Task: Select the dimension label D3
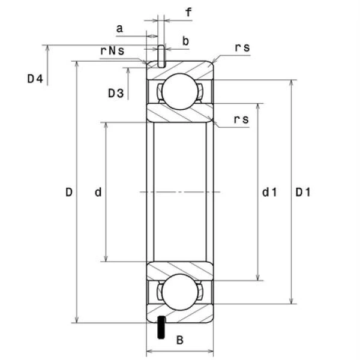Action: point(116,93)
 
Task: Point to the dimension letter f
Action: point(189,12)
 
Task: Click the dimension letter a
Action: point(119,28)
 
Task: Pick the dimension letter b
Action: point(185,41)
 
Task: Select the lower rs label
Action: point(241,119)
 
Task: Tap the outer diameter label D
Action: point(69,193)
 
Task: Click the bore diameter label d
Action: point(98,193)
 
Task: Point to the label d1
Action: point(269,193)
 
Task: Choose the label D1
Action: point(303,193)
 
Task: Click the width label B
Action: point(179,340)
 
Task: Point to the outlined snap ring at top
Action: point(161,56)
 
